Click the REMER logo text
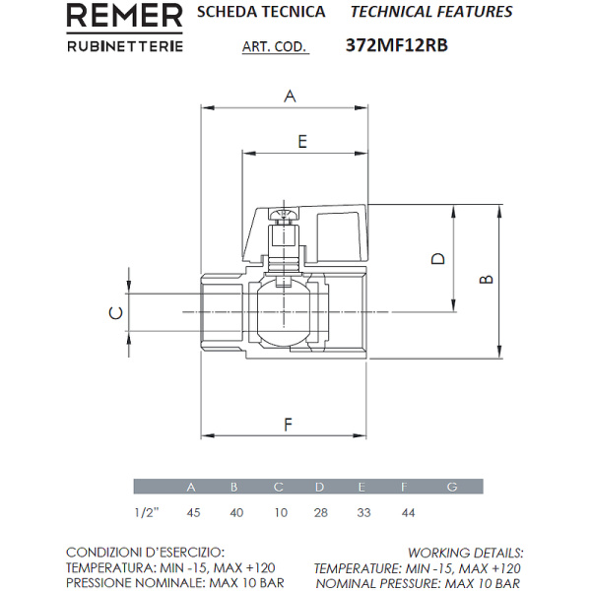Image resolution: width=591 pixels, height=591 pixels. click(x=123, y=17)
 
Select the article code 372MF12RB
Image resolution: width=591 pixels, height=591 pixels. click(x=397, y=45)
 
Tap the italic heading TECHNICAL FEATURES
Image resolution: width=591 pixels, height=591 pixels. click(x=431, y=13)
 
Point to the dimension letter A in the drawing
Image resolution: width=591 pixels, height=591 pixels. click(x=290, y=96)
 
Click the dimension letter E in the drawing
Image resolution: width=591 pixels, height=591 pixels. click(x=302, y=141)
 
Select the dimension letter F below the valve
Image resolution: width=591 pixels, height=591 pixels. click(x=288, y=426)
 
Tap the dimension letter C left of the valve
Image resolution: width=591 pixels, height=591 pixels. click(x=115, y=313)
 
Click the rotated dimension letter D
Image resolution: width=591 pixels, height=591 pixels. click(x=438, y=258)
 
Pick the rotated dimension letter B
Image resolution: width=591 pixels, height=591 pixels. click(x=485, y=281)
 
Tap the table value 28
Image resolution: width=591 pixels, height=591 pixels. click(x=319, y=512)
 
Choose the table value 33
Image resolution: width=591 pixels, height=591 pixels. click(x=362, y=512)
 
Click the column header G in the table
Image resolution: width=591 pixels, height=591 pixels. click(x=452, y=487)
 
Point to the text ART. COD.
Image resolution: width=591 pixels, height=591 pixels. click(x=274, y=46)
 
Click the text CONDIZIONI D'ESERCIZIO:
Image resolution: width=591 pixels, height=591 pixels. click(x=146, y=553)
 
